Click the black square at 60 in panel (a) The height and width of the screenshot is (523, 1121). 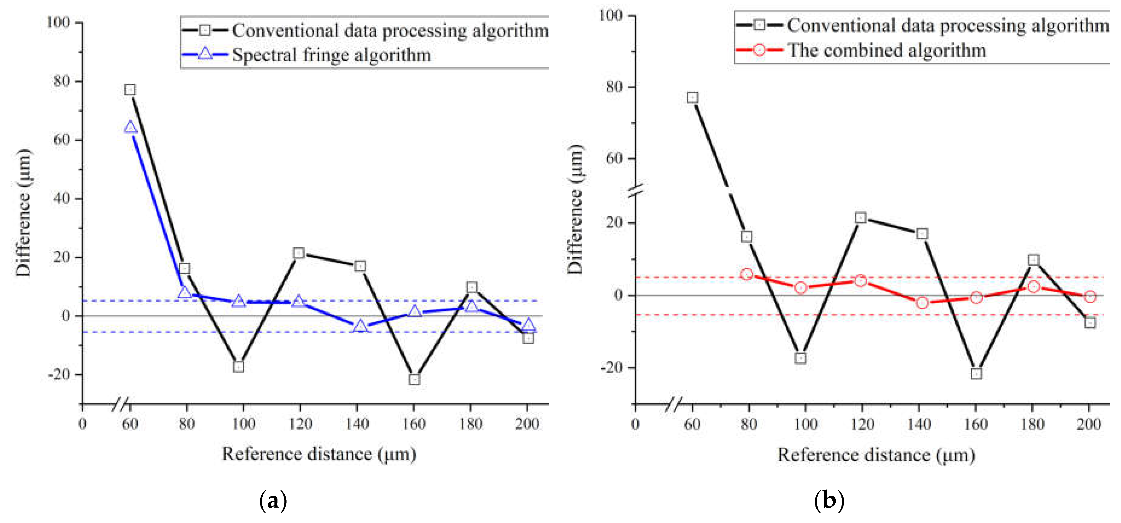130,90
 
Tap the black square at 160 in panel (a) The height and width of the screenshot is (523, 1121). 414,379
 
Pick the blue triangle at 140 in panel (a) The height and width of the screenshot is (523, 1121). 360,326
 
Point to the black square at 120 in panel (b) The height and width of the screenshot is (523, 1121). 860,218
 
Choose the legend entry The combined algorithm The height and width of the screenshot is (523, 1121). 886,50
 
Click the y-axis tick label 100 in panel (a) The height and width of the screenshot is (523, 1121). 58,22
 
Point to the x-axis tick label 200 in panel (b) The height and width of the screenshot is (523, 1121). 1089,424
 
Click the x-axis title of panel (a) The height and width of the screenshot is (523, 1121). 319,454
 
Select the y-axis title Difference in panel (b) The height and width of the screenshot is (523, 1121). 575,209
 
